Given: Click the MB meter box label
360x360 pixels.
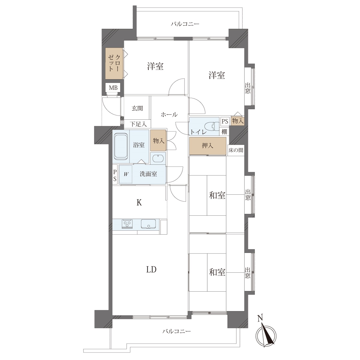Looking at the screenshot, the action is (x=113, y=88).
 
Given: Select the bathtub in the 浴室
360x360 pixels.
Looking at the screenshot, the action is (x=121, y=146).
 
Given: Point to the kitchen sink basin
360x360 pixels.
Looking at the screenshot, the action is (x=148, y=223).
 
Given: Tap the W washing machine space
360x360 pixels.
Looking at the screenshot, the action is (x=126, y=174).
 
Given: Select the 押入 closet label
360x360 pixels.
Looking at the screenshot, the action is (x=207, y=145).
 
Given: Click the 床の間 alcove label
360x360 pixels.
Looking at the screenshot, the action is (x=236, y=150).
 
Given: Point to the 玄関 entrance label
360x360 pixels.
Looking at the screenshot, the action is (x=137, y=108).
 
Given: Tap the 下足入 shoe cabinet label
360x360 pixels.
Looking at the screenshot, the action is (x=138, y=124).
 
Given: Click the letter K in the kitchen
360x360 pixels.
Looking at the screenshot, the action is (x=139, y=202).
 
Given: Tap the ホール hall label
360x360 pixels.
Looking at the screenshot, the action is (x=169, y=114).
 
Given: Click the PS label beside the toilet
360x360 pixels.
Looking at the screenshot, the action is (x=225, y=121).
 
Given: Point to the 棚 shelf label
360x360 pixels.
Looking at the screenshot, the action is (x=224, y=132).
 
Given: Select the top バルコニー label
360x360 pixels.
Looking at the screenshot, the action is (x=185, y=24).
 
